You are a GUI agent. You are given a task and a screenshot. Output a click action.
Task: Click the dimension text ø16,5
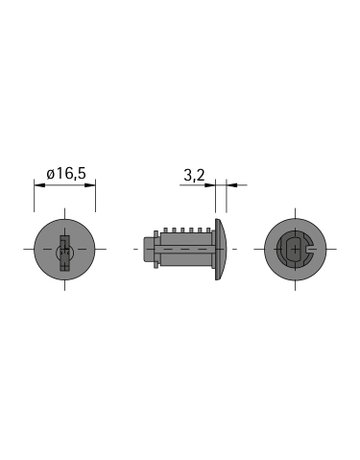[67, 174]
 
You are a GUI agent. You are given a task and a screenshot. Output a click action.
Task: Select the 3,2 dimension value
[196, 174]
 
